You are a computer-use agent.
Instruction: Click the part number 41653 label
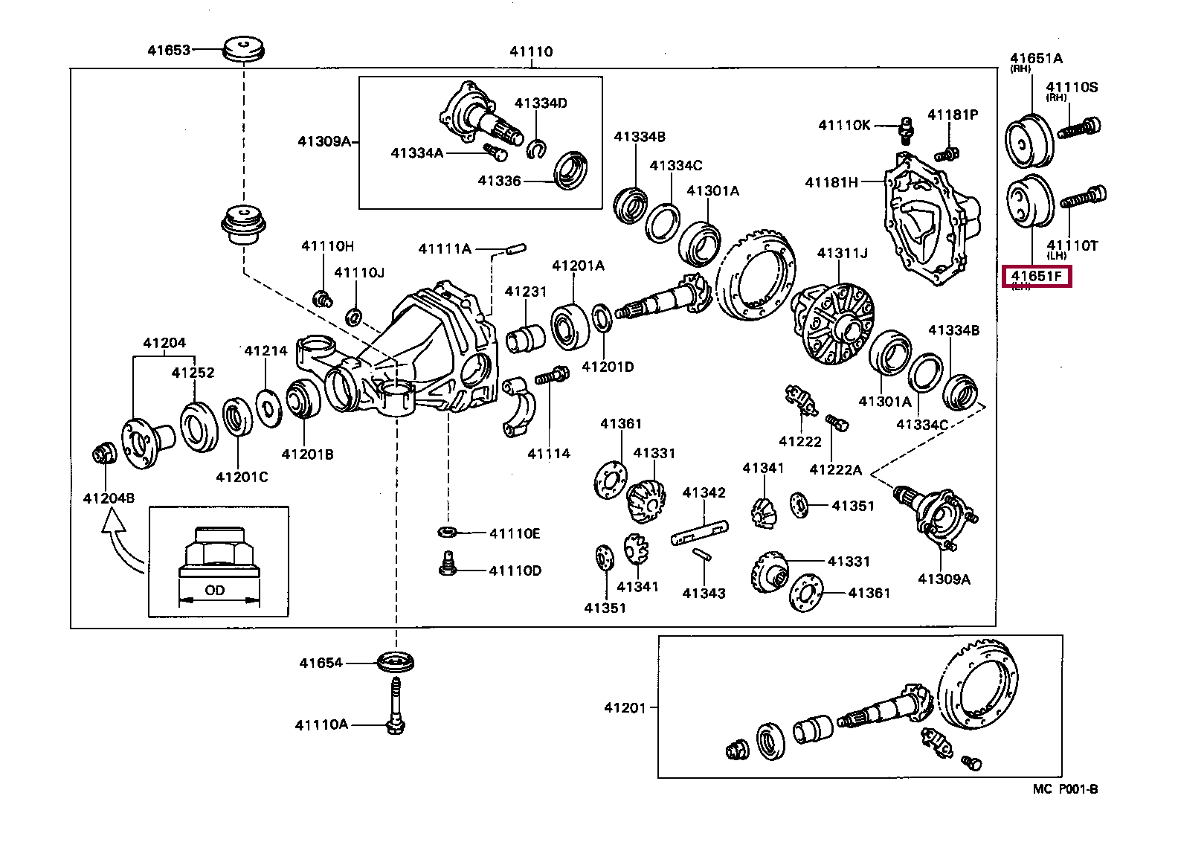click(x=169, y=51)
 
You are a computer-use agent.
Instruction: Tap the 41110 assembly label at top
click(x=531, y=52)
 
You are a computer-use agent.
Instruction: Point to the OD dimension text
click(x=215, y=591)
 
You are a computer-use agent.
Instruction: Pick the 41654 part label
click(x=321, y=663)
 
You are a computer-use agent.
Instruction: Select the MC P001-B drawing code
click(x=1065, y=789)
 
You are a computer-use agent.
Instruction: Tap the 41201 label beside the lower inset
click(x=625, y=708)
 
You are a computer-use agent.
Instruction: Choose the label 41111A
click(x=444, y=248)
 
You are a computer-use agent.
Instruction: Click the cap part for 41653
click(x=245, y=49)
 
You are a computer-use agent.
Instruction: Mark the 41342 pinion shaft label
click(x=704, y=492)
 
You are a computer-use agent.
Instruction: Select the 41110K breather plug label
click(x=844, y=126)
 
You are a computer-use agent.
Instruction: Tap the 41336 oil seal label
click(x=499, y=180)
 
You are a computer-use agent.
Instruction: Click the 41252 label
click(x=193, y=373)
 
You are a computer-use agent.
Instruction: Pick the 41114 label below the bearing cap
click(x=549, y=453)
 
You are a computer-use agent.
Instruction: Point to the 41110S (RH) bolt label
click(x=1072, y=87)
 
